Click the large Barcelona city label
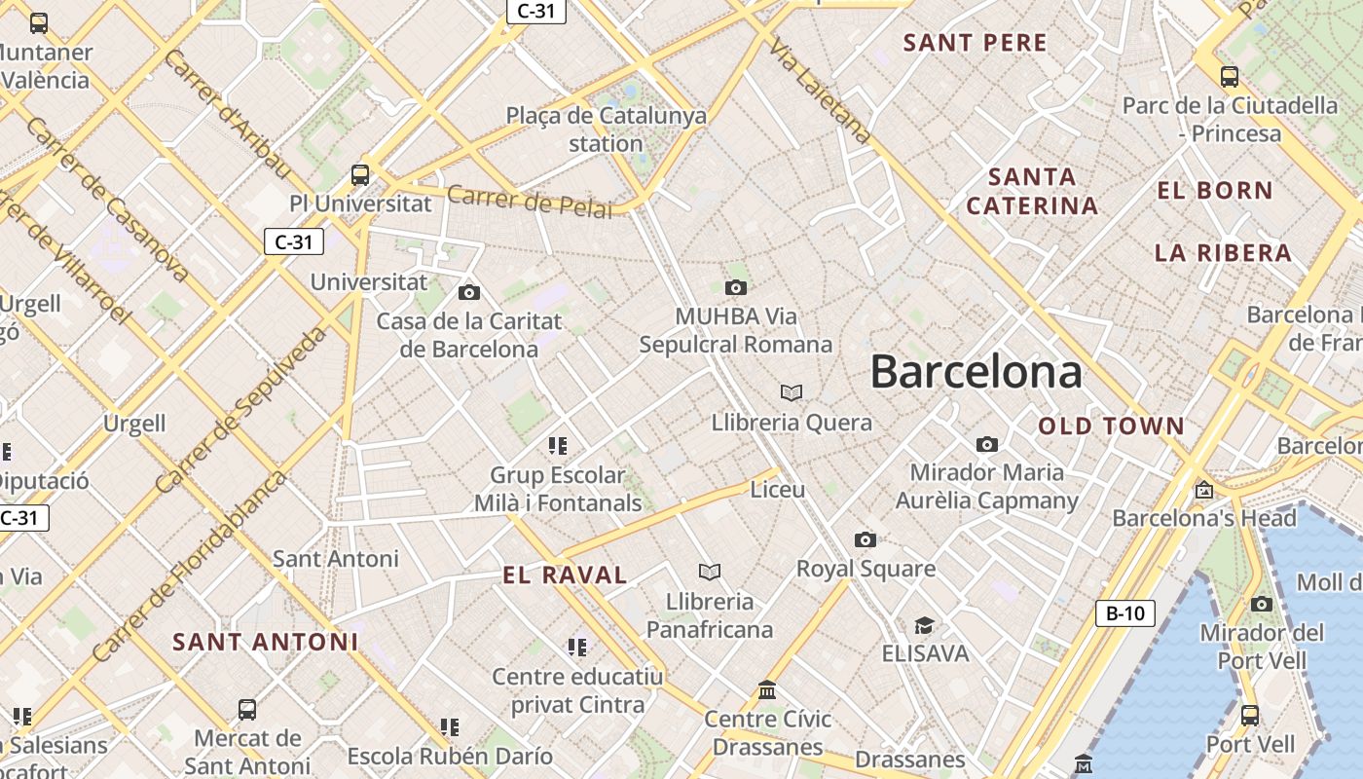coord(976,372)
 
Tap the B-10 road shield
coord(1125,613)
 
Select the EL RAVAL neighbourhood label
coord(565,575)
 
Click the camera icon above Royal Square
coord(865,540)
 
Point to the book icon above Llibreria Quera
coord(792,392)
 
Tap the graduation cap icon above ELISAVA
coord(923,625)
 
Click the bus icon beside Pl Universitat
coord(360,175)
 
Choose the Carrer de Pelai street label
coord(530,202)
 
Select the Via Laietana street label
coord(820,92)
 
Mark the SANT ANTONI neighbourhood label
coord(266,643)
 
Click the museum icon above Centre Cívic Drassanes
coord(767,689)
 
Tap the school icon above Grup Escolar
coord(557,446)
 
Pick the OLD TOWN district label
coord(1111,427)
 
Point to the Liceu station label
coord(778,490)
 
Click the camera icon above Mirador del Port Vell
coord(1261,605)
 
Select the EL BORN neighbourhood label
coord(1214,191)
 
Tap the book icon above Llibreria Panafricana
coord(710,572)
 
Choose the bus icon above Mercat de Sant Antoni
coord(247,709)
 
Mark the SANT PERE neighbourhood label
coord(975,43)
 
